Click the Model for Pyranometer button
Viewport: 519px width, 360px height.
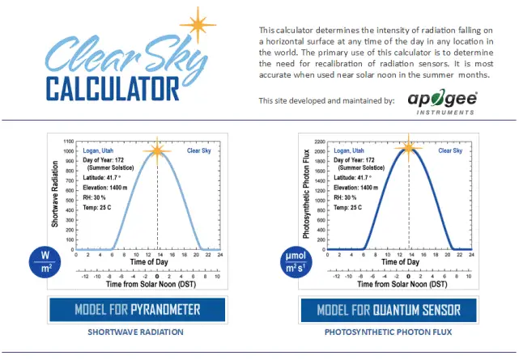click(x=137, y=309)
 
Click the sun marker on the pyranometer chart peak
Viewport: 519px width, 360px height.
click(x=157, y=150)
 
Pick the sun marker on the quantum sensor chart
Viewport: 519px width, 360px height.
click(x=410, y=147)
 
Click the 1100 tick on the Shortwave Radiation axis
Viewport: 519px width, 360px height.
click(x=66, y=142)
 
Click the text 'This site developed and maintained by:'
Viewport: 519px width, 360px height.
click(x=326, y=101)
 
